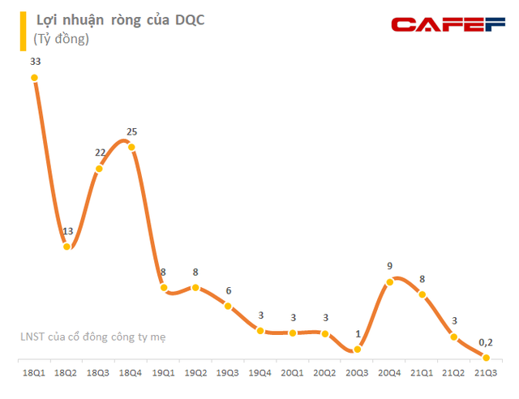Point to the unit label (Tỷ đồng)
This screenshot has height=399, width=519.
pyautogui.click(x=62, y=38)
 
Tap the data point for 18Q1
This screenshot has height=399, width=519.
pyautogui.click(x=34, y=78)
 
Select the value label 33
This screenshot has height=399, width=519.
pyautogui.click(x=34, y=61)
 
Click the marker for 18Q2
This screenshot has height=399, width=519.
pyautogui.click(x=66, y=247)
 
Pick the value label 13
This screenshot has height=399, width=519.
pyautogui.click(x=67, y=231)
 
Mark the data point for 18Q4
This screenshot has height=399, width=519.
pyautogui.click(x=131, y=147)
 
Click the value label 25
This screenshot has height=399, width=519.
pyautogui.click(x=132, y=131)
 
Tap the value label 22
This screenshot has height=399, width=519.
pyautogui.click(x=99, y=153)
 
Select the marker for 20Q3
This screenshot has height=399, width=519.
pyautogui.click(x=358, y=350)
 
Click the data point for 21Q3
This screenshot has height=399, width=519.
pyautogui.click(x=487, y=358)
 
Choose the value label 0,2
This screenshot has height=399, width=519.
pyautogui.click(x=486, y=342)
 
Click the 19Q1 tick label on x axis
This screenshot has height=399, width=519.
pyautogui.click(x=164, y=372)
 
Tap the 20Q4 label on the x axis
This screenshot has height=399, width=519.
pyautogui.click(x=390, y=372)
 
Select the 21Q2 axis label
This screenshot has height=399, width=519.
pyautogui.click(x=454, y=372)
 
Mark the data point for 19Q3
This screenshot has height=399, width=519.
pyautogui.click(x=228, y=307)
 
